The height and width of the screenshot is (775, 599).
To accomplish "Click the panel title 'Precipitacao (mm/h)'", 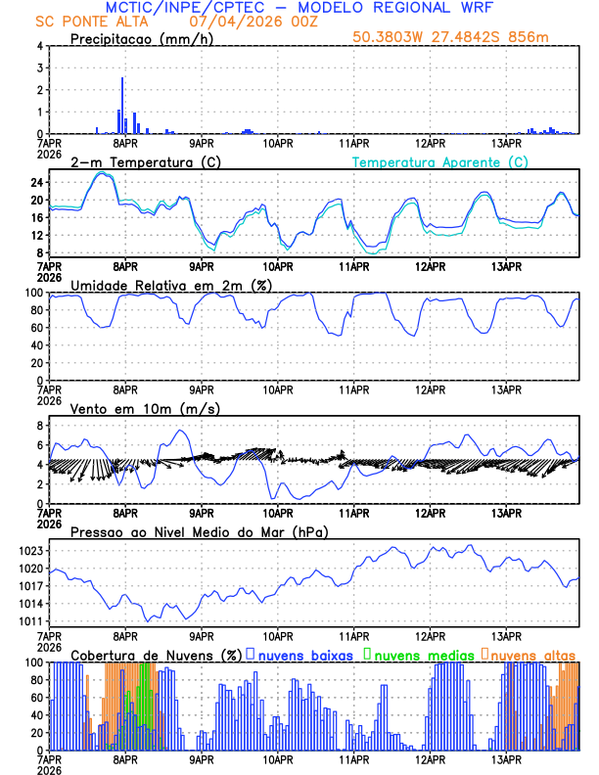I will pyautogui.click(x=136, y=39).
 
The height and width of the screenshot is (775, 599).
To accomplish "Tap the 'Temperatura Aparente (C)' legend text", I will pyautogui.click(x=440, y=161).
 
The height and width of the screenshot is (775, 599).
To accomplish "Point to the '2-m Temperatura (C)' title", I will pyautogui.click(x=136, y=161).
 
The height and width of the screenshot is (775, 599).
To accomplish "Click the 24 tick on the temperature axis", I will pyautogui.click(x=36, y=182).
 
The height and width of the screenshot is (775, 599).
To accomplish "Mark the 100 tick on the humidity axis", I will pyautogui.click(x=33, y=293).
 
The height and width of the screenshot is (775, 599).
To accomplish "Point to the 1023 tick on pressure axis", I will pyautogui.click(x=30, y=551).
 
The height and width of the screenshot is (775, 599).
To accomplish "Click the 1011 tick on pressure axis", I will pyautogui.click(x=30, y=621).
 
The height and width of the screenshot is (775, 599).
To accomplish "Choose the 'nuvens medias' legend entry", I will pyautogui.click(x=423, y=655).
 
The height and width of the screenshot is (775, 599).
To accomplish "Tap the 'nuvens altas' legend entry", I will pyautogui.click(x=534, y=655).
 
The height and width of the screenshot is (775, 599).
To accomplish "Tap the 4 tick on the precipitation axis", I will pyautogui.click(x=40, y=46).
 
